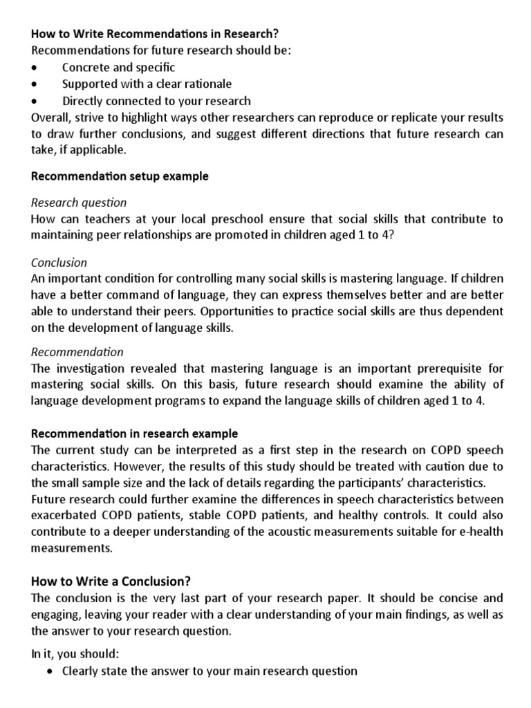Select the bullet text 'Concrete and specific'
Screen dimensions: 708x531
click(x=118, y=68)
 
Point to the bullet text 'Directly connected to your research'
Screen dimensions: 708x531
click(x=156, y=101)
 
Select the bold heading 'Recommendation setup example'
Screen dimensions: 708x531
click(x=120, y=176)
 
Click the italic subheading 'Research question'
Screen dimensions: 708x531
click(x=80, y=203)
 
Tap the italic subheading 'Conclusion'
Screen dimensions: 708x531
click(x=59, y=263)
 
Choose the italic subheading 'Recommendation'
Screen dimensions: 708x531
click(x=77, y=352)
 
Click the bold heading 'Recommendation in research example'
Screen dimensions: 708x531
click(x=135, y=434)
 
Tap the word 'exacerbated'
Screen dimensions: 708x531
click(x=62, y=516)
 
